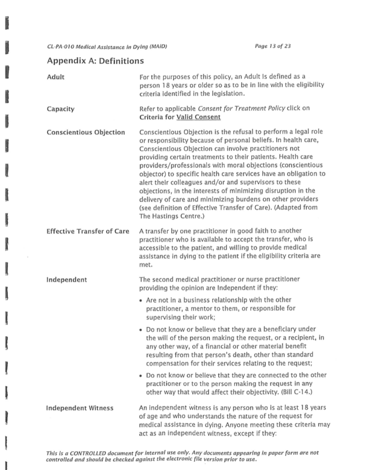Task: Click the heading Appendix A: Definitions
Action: coord(95,61)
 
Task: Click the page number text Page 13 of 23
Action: coord(273,46)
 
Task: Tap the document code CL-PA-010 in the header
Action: coord(61,46)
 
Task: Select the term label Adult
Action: coord(55,77)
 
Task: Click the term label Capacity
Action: coord(60,109)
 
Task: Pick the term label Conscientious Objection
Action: coord(86,132)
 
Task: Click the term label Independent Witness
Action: coord(80,408)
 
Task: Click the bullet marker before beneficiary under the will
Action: coord(141,330)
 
